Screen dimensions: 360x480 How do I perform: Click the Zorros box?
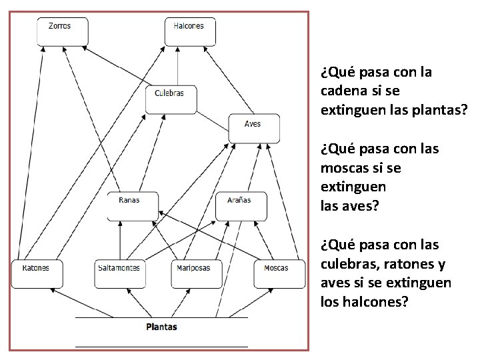(x=62, y=32)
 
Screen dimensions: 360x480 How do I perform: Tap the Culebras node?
(x=169, y=99)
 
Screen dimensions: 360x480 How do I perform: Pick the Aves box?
(x=253, y=128)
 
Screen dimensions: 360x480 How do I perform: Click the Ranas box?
(x=133, y=205)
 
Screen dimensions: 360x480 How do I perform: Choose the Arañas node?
(x=241, y=205)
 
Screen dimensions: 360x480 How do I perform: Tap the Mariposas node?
(x=195, y=273)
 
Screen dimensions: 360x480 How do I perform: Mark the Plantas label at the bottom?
(x=161, y=327)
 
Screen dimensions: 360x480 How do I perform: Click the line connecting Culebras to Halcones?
(x=178, y=67)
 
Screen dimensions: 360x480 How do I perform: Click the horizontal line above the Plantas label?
(x=161, y=317)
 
